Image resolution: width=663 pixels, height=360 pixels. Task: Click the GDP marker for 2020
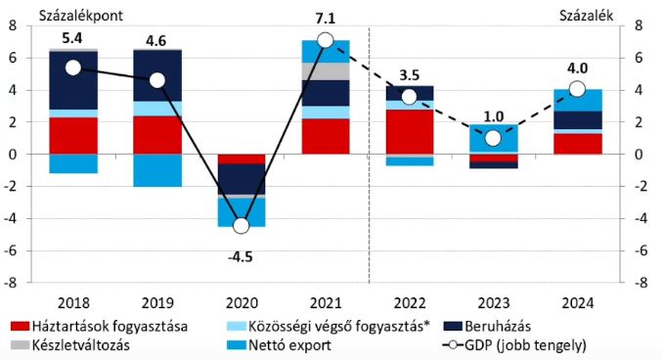click(x=241, y=226)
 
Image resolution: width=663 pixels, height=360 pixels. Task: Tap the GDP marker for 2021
click(x=325, y=40)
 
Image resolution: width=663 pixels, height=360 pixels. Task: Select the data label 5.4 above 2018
click(x=73, y=36)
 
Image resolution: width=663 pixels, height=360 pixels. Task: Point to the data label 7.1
click(x=326, y=19)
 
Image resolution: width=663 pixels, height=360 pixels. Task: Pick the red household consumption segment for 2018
click(x=73, y=135)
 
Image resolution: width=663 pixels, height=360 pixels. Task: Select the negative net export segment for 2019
click(x=157, y=169)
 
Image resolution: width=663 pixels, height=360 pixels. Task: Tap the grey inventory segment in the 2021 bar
click(x=325, y=71)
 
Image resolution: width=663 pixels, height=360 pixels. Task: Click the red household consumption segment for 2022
click(x=409, y=131)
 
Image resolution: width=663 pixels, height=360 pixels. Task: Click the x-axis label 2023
click(x=493, y=301)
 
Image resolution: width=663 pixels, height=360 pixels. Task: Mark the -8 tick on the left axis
click(x=13, y=283)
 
